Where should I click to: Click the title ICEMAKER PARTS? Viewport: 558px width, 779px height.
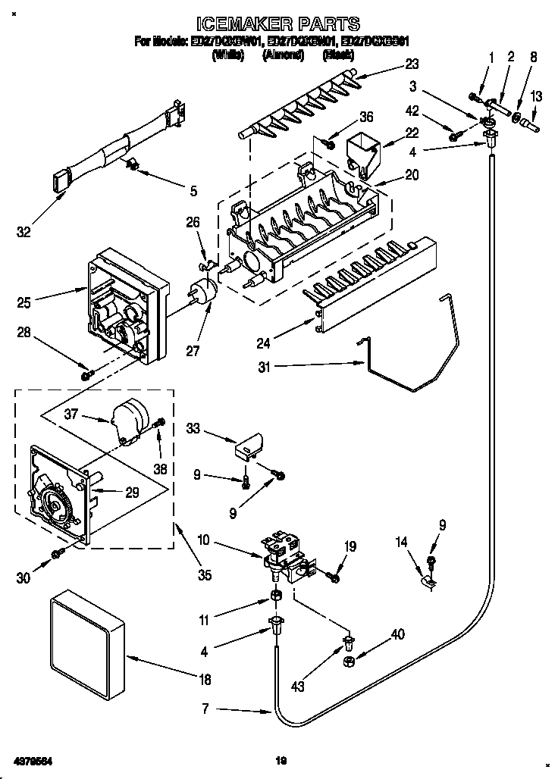pyautogui.click(x=278, y=25)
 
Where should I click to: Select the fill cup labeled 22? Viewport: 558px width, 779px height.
pyautogui.click(x=364, y=150)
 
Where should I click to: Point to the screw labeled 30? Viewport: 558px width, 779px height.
pyautogui.click(x=57, y=555)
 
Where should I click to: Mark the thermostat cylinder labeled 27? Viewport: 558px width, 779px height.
pyautogui.click(x=202, y=292)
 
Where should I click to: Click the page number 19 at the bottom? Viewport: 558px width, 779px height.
pyautogui.click(x=279, y=759)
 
